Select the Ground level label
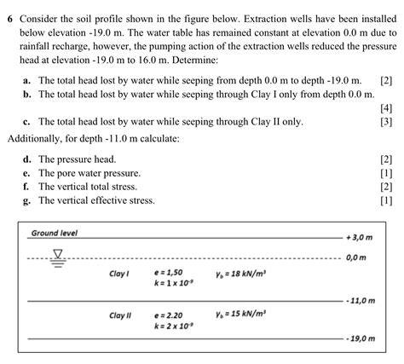[x=55, y=233]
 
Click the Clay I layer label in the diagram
[x=119, y=274]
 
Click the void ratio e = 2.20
[x=170, y=314]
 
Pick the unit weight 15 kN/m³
[x=241, y=314]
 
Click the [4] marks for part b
[x=385, y=107]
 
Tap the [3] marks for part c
[x=385, y=122]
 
